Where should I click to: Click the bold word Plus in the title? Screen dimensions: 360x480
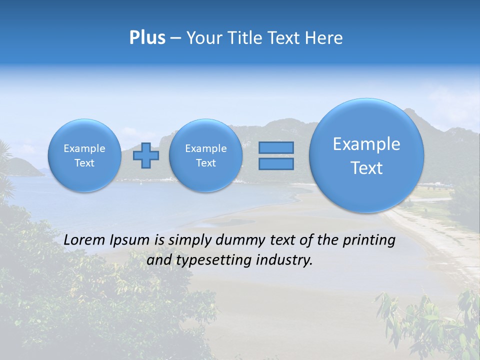pos(147,38)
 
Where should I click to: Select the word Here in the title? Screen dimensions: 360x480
pos(324,38)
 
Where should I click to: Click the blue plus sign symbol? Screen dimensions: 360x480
pos(146,155)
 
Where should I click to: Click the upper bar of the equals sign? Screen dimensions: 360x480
pos(276,147)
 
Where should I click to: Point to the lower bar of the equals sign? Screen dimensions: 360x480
pos(276,164)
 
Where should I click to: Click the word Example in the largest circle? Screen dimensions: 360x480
pos(366,144)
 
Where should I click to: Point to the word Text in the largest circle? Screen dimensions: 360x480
pos(366,168)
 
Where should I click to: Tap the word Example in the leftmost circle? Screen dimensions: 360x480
pos(84,148)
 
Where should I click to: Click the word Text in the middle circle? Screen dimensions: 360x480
pos(205,163)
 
